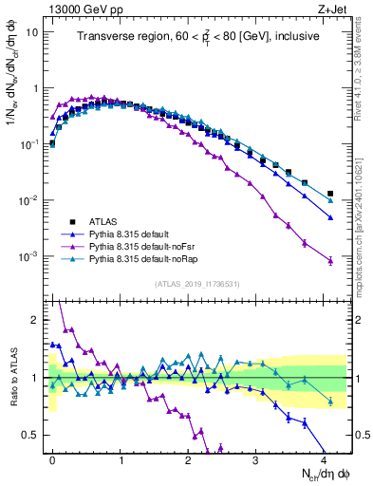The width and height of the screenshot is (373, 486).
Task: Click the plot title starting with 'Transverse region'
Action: pyautogui.click(x=199, y=37)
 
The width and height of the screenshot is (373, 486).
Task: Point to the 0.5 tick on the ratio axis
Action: pyautogui.click(x=32, y=436)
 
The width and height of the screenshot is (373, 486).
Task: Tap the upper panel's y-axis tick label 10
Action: pyautogui.click(x=33, y=32)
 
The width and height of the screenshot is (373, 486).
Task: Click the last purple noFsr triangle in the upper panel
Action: pyautogui.click(x=330, y=261)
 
